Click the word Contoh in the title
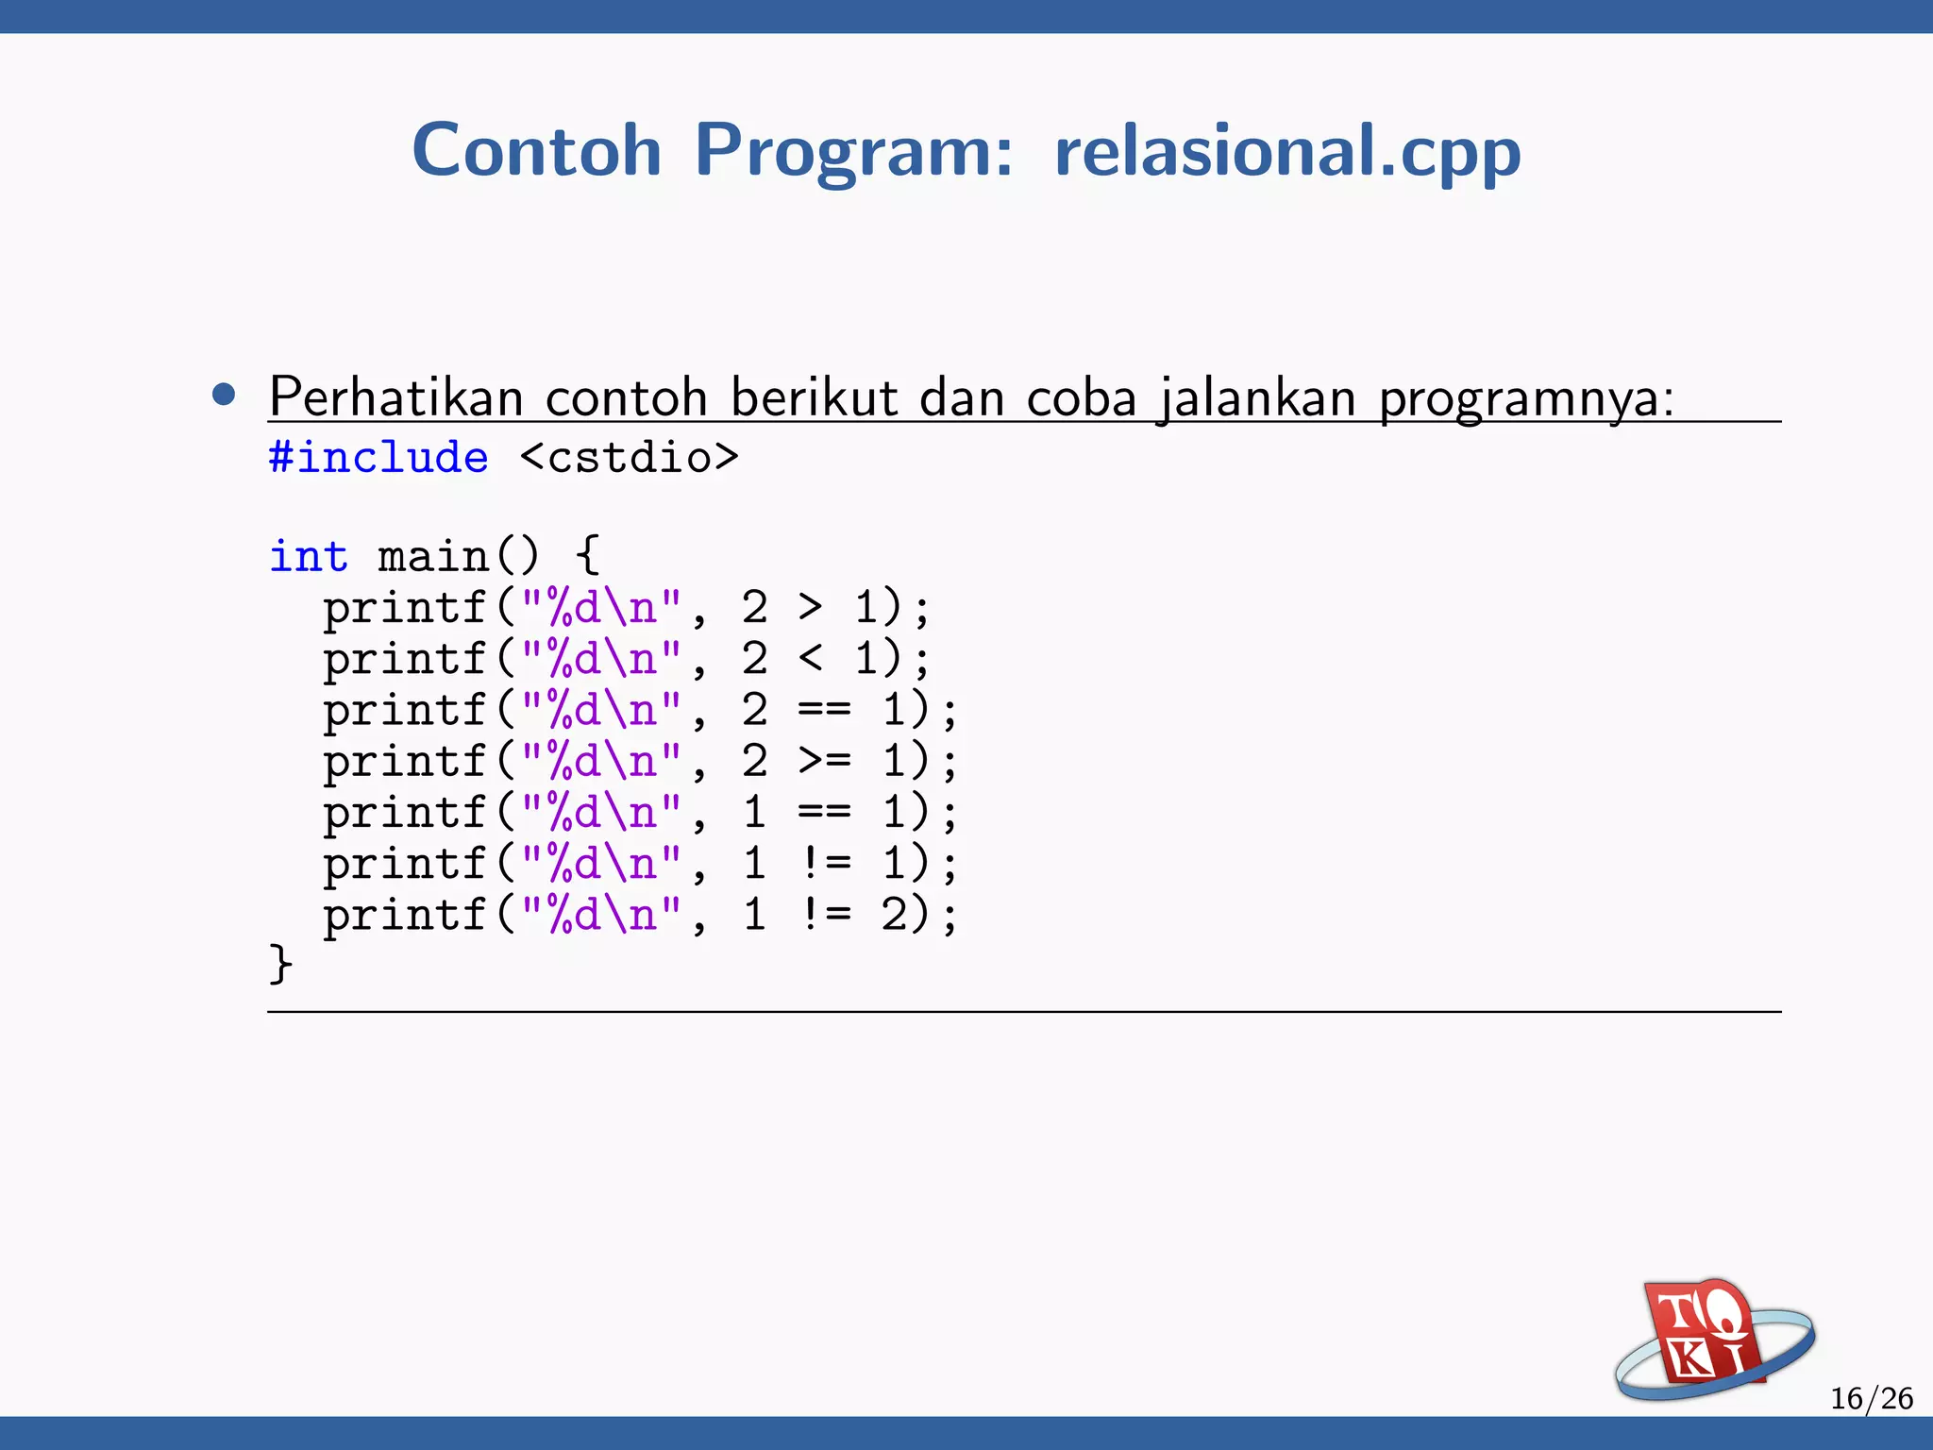[536, 151]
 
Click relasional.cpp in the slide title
[1287, 151]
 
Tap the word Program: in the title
[853, 151]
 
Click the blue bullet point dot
[224, 395]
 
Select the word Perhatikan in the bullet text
[395, 396]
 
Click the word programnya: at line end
[1526, 398]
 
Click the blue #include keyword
[378, 458]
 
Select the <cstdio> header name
[630, 458]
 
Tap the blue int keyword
[309, 556]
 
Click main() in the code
[458, 556]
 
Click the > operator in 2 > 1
[810, 607]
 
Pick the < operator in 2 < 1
[810, 658]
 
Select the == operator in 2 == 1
[824, 710]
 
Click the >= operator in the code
[824, 761]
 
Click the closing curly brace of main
[280, 965]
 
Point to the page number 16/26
[1871, 1398]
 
